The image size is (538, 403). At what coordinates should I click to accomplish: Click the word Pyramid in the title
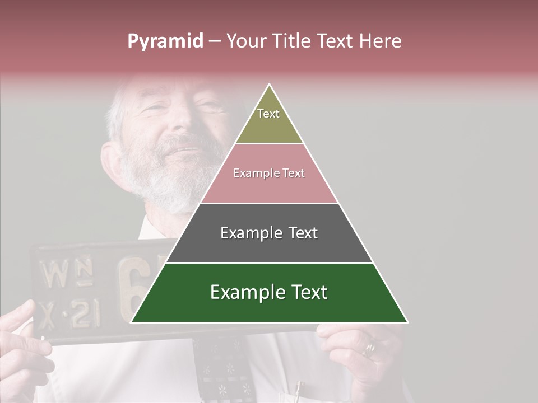pyautogui.click(x=165, y=41)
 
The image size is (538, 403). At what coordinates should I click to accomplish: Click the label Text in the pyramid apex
pyautogui.click(x=268, y=114)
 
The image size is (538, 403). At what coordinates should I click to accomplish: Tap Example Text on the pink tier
pyautogui.click(x=269, y=173)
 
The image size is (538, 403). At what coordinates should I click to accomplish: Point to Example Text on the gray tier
pyautogui.click(x=269, y=233)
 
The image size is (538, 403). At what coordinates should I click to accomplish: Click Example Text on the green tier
pyautogui.click(x=269, y=292)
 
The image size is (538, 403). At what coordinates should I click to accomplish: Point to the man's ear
pyautogui.click(x=110, y=162)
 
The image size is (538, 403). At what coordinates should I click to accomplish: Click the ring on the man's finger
pyautogui.click(x=369, y=349)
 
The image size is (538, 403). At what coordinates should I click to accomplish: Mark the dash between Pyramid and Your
pyautogui.click(x=215, y=41)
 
